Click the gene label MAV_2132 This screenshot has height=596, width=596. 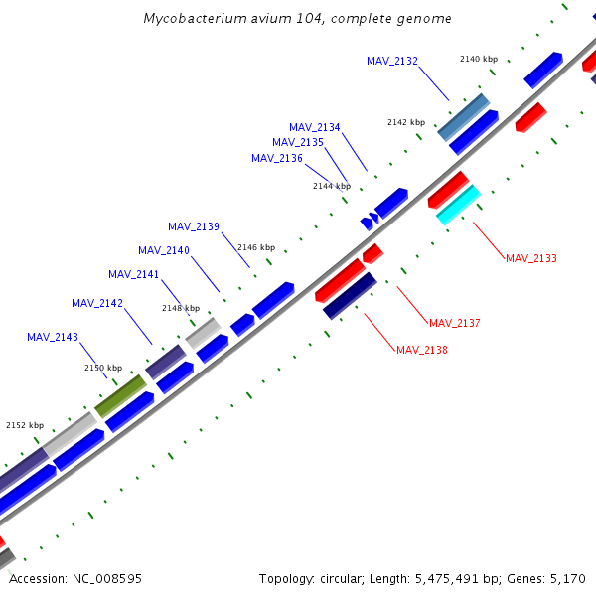point(392,62)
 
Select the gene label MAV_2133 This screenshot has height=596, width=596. point(531,258)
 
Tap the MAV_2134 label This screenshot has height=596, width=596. point(315,127)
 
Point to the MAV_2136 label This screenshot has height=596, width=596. point(277,158)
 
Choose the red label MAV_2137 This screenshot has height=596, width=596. point(455,323)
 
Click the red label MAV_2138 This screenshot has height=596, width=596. point(422,350)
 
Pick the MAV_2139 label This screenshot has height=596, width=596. point(194,226)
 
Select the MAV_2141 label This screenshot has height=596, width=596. point(134,274)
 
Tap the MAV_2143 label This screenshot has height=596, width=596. point(53,337)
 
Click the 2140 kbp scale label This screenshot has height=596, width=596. point(479,59)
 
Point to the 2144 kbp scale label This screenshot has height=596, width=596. point(332,186)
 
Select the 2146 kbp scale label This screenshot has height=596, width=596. point(256,247)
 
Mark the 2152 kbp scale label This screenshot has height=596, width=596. point(25,425)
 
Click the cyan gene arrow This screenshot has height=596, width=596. point(458,205)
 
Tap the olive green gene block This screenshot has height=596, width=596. point(120,395)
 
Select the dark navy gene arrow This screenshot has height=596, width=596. point(350,295)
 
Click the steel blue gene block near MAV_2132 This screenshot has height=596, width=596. point(463,117)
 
